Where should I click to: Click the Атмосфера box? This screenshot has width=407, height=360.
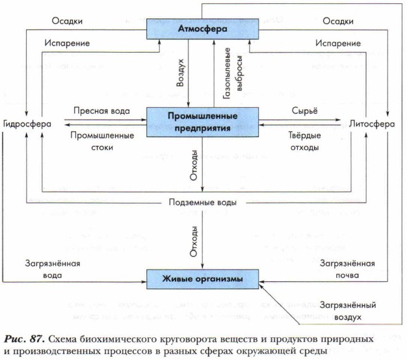point(202,29)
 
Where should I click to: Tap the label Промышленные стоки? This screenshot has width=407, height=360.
point(101,141)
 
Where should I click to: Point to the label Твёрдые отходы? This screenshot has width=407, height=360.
point(304,141)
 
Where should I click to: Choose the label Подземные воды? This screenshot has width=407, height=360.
point(202,202)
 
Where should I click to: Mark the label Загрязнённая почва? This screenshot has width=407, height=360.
point(348,269)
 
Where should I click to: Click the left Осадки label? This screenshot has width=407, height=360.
point(65,20)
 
